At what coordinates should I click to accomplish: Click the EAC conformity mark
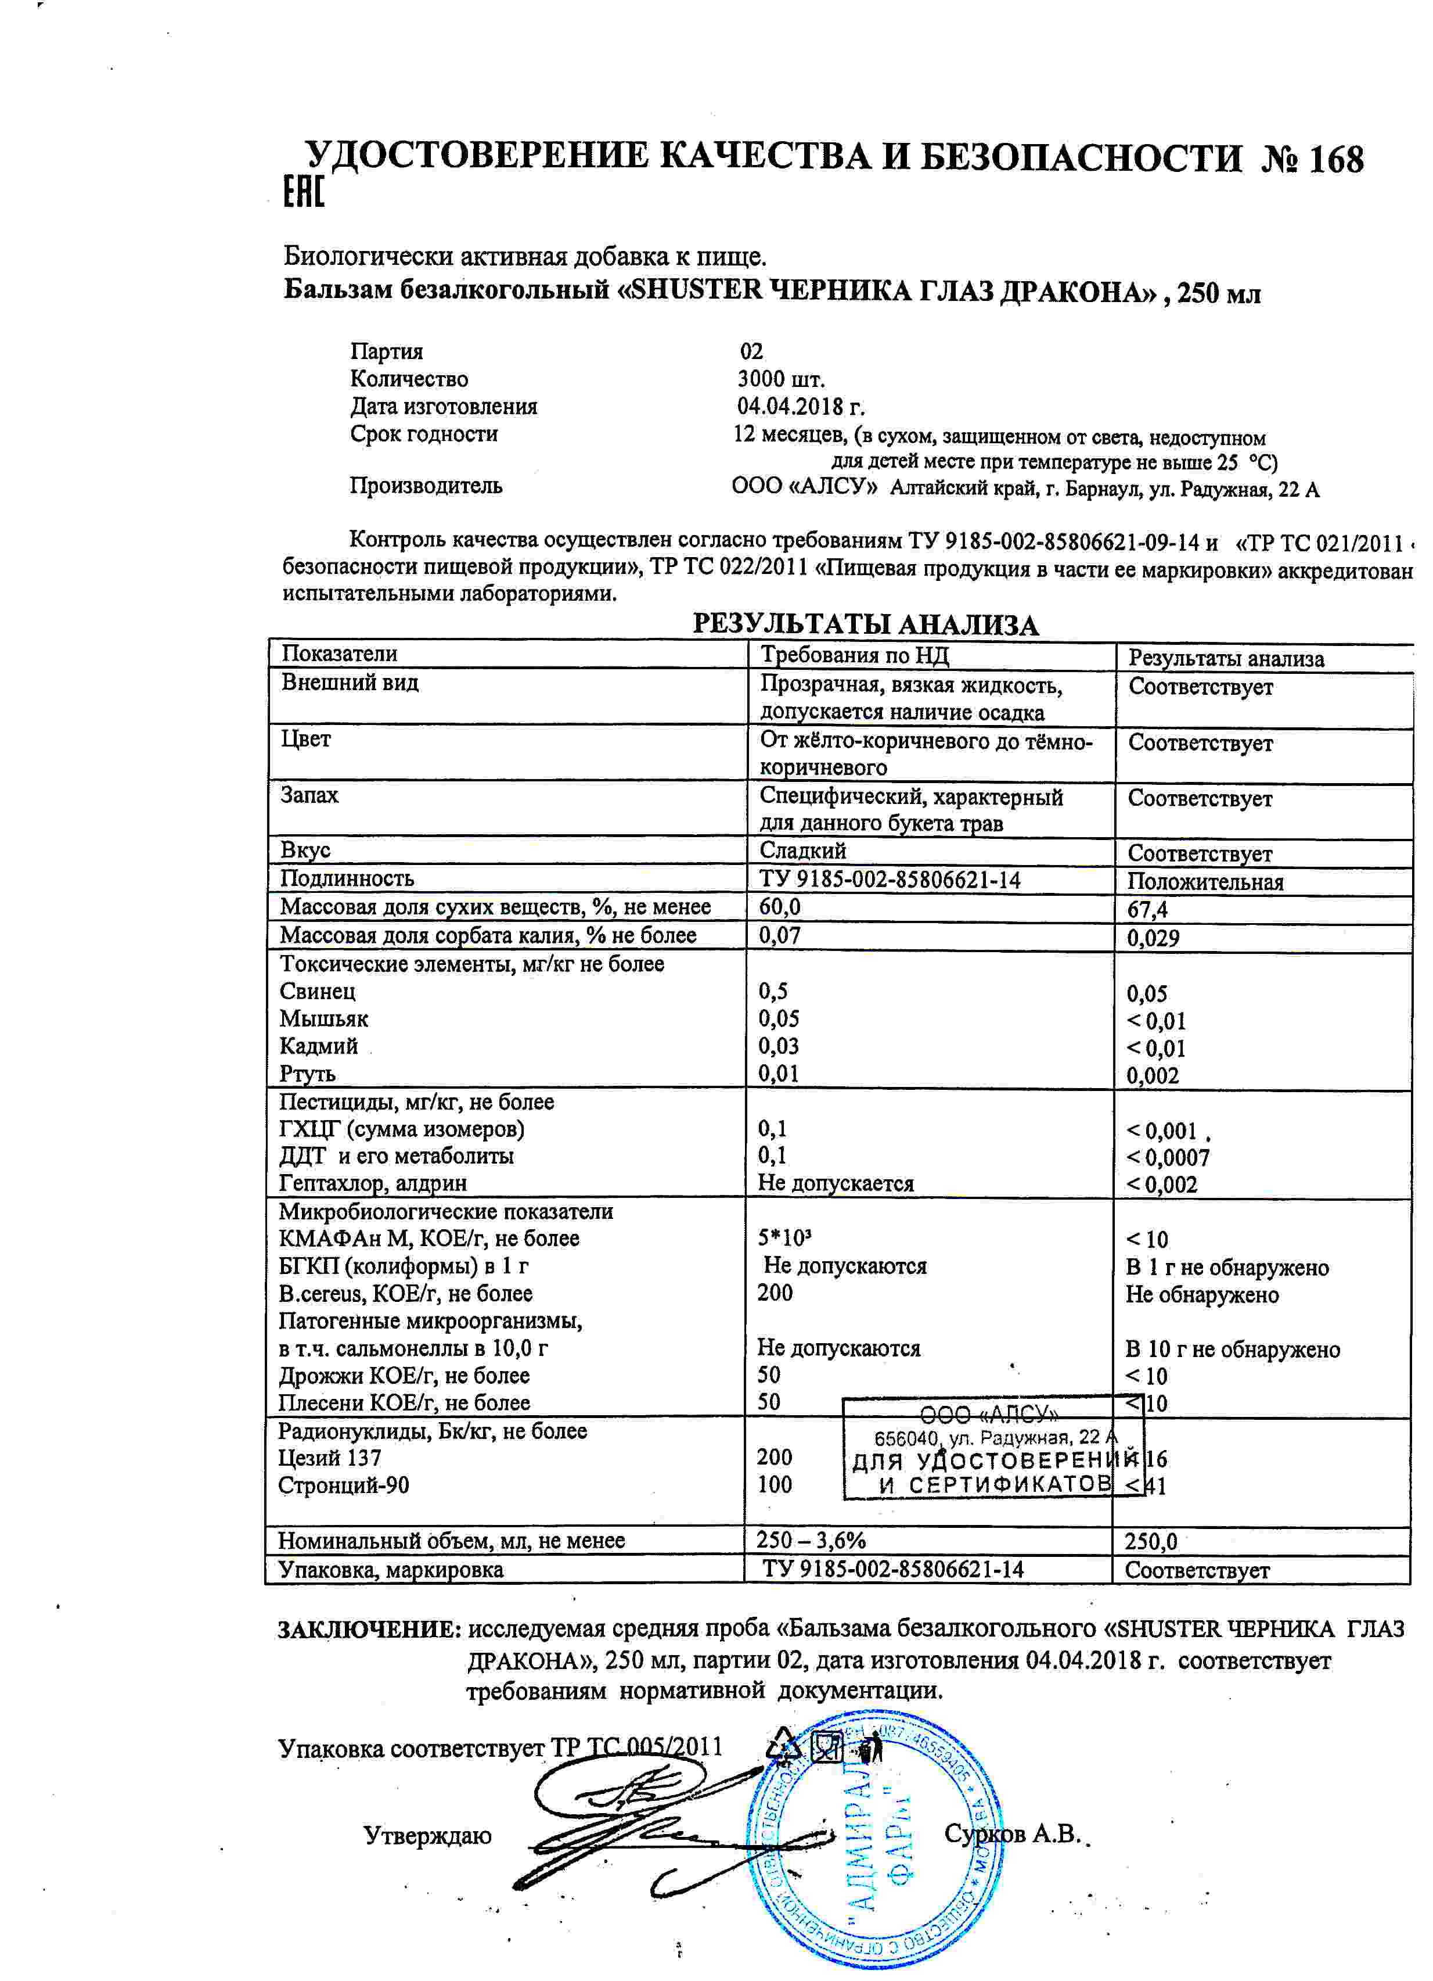[304, 192]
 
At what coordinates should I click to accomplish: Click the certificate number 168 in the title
[1335, 160]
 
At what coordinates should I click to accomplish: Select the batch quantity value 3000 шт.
[781, 379]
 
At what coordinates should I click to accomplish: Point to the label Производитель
[426, 486]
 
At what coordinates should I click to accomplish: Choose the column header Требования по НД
[854, 655]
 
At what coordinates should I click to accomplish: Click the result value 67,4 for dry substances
[1147, 909]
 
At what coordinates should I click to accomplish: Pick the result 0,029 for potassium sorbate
[1153, 938]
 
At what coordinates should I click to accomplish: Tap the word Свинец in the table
[317, 992]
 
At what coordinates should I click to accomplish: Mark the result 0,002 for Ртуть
[1152, 1076]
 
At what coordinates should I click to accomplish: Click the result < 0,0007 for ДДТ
[1168, 1158]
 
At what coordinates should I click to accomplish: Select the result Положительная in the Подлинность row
[1205, 881]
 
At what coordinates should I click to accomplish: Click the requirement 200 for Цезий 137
[775, 1457]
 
